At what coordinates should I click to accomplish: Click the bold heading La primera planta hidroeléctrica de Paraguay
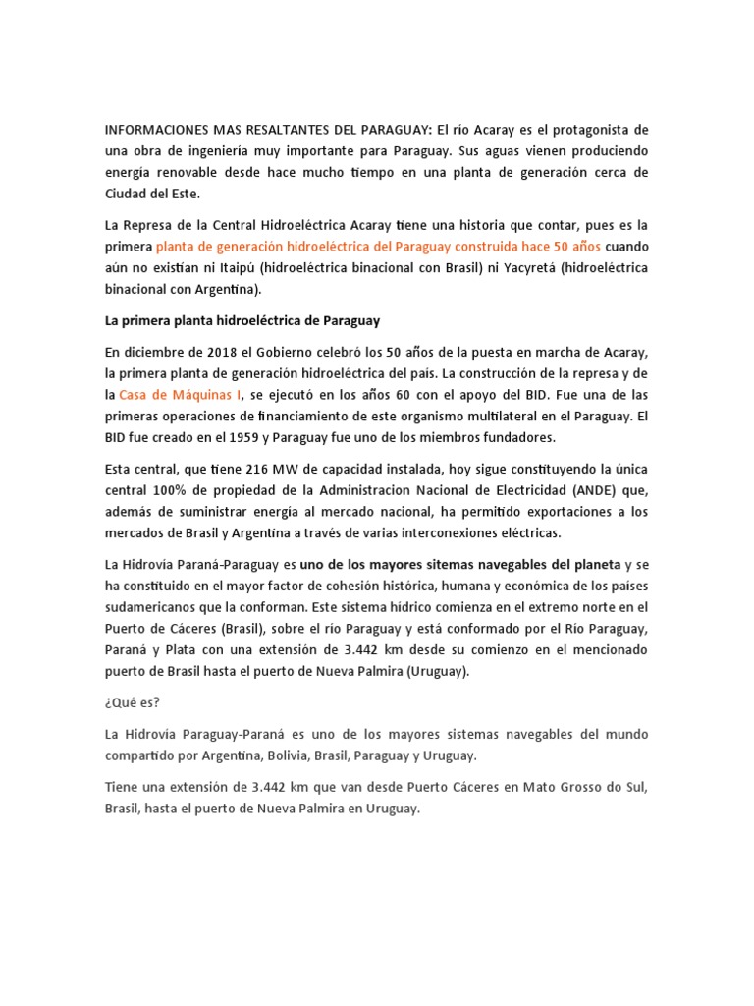(242, 321)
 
